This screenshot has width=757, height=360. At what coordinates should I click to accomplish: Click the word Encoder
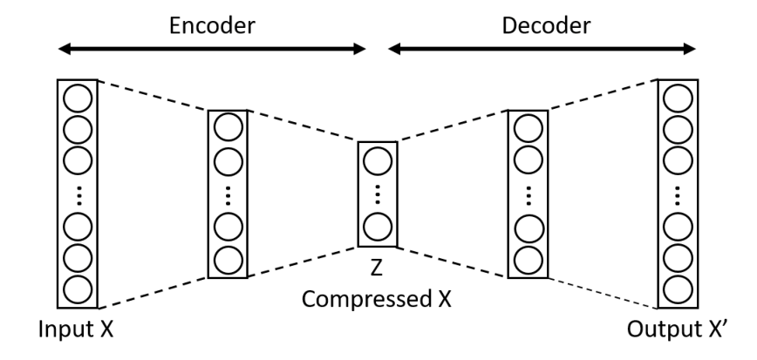tap(212, 25)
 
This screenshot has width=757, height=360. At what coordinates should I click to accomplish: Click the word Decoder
tap(546, 25)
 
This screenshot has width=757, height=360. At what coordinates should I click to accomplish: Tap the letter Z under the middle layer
tap(377, 268)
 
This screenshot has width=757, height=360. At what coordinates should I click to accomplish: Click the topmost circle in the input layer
tap(78, 98)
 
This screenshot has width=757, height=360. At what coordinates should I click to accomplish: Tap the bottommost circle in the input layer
tap(78, 290)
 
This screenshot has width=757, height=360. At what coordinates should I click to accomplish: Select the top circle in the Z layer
tap(378, 160)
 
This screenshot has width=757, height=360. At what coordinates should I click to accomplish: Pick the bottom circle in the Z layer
tap(378, 227)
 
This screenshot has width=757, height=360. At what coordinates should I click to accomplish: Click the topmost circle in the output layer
tap(678, 98)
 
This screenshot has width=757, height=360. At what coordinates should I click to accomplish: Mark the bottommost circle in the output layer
tap(678, 290)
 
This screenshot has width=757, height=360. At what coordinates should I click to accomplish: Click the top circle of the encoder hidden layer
tap(228, 127)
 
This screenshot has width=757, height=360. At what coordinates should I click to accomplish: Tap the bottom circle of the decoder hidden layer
tap(529, 260)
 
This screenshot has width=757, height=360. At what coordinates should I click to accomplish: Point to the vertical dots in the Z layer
tap(378, 194)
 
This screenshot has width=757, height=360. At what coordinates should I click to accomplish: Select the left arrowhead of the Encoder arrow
tap(65, 49)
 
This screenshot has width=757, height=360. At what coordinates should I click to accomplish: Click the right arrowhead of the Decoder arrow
tap(689, 49)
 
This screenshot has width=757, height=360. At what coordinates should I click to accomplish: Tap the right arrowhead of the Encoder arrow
tap(359, 49)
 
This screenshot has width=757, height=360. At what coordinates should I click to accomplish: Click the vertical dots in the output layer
tap(678, 195)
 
